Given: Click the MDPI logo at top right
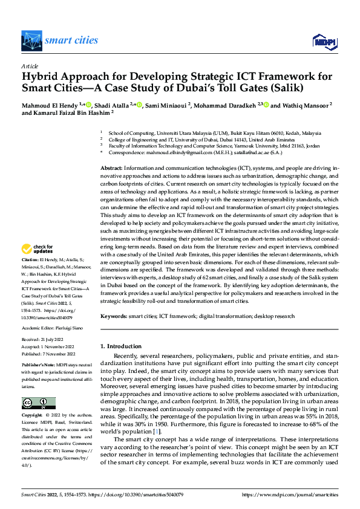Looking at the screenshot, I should (x=324, y=41).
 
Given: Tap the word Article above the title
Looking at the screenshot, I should (x=29, y=65).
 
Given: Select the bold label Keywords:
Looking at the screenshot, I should (x=115, y=316).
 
